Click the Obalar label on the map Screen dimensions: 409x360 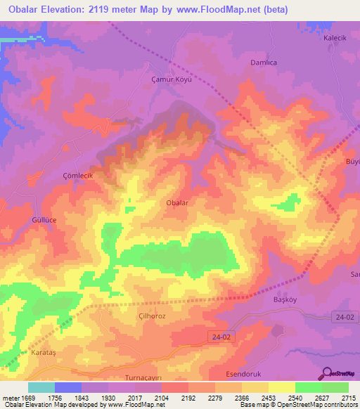point(176,202)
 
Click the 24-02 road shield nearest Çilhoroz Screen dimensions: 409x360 point(221,338)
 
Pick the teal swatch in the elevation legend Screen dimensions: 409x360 point(41,387)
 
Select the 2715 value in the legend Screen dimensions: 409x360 point(349,398)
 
